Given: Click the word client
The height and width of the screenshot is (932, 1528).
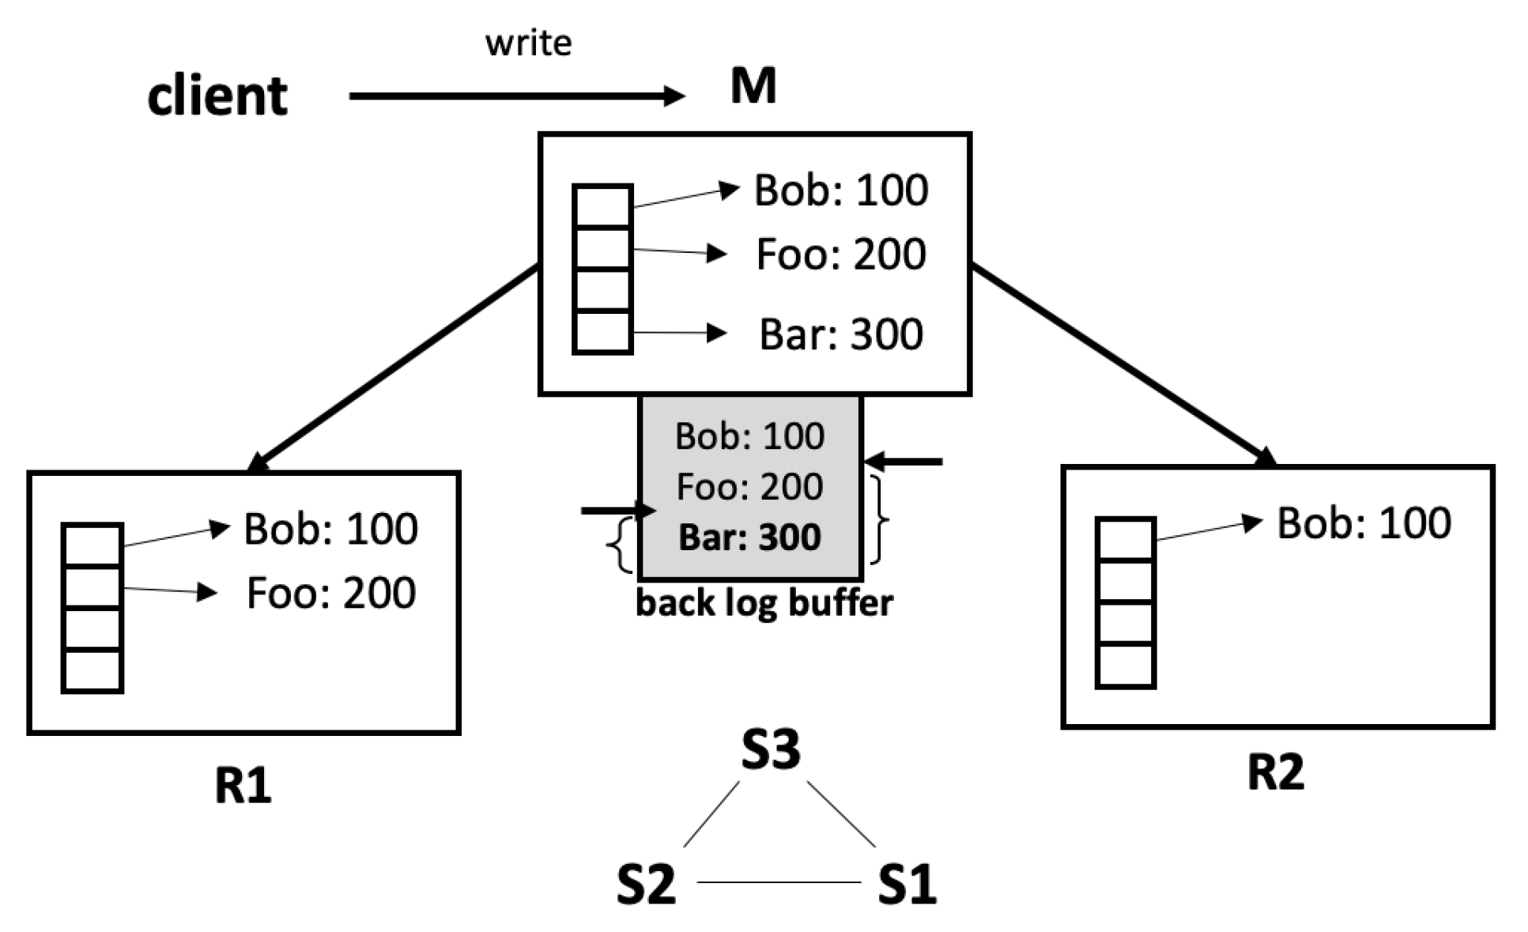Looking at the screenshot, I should tap(217, 96).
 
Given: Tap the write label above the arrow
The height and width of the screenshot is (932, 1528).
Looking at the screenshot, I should tap(528, 43).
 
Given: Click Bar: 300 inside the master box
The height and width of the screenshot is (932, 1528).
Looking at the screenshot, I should tap(840, 334).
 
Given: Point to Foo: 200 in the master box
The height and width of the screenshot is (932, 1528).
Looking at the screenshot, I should tap(840, 254).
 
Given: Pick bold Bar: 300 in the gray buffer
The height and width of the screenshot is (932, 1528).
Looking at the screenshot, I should tap(749, 538).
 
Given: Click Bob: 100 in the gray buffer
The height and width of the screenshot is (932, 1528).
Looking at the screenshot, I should tap(749, 436).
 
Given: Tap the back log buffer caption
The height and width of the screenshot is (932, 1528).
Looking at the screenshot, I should tap(764, 603).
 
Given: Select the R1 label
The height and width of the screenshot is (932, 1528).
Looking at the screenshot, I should tap(243, 785).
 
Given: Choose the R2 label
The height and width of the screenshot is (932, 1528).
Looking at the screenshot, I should tap(1275, 772).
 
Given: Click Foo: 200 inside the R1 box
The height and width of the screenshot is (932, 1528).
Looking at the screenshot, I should tap(330, 593).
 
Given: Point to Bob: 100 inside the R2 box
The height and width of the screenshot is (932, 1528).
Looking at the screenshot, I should tap(1364, 523).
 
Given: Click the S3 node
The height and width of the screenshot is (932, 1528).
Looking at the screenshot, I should tap(771, 749).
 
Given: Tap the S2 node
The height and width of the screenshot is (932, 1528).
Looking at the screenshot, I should tap(646, 884).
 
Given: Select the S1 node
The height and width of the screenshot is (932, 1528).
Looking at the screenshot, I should tap(907, 884).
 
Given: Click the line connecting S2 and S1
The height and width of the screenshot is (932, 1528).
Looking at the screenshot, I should tap(779, 882).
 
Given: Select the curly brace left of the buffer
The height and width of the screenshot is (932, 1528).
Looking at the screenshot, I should tap(621, 545).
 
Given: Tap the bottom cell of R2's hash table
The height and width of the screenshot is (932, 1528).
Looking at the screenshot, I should tap(1126, 666).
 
